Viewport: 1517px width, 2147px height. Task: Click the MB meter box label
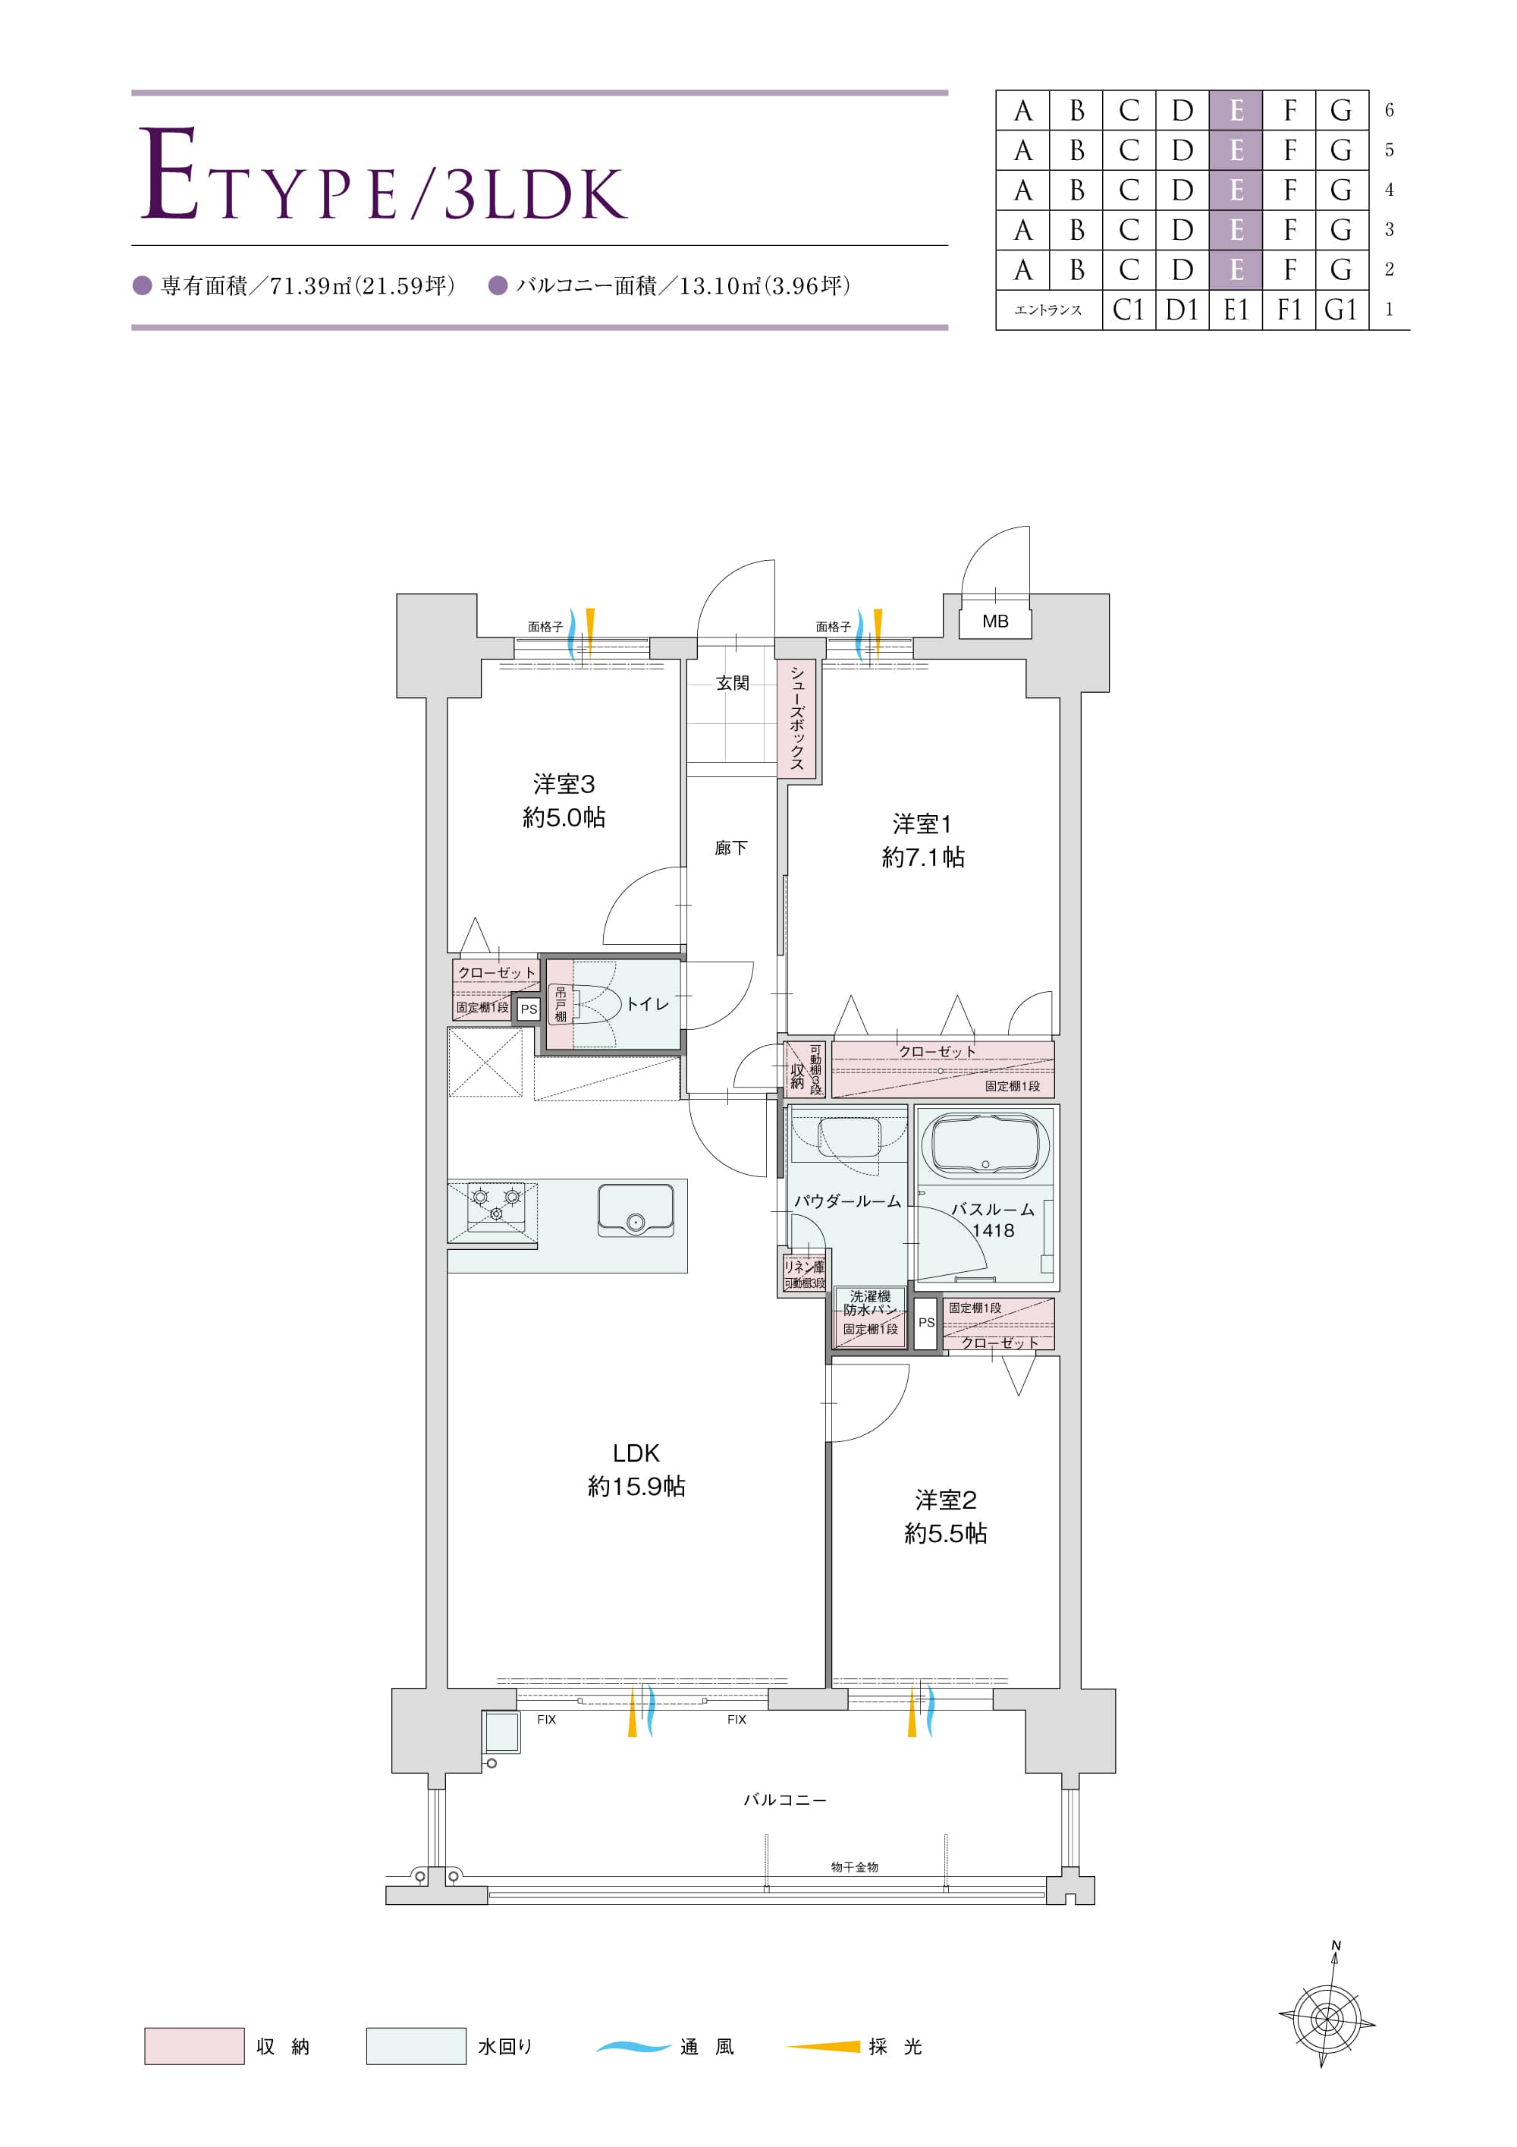click(x=994, y=621)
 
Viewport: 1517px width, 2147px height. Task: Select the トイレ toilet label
click(x=647, y=1003)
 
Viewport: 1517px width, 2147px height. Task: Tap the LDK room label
click(x=636, y=1453)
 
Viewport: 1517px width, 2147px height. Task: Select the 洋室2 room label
click(x=946, y=1501)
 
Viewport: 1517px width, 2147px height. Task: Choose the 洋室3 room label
click(x=564, y=784)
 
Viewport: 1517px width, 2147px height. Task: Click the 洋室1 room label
click(x=922, y=824)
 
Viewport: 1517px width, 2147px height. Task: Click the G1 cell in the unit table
click(x=1341, y=310)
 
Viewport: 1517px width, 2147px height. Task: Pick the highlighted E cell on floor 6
click(x=1236, y=110)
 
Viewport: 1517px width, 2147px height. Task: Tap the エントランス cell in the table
click(x=1049, y=310)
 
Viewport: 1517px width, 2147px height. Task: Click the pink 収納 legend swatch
click(x=194, y=2046)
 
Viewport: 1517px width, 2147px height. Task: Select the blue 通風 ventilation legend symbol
click(x=633, y=2046)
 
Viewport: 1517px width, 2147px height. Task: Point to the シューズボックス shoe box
click(x=797, y=718)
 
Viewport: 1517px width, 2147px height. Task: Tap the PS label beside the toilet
click(x=529, y=1009)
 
